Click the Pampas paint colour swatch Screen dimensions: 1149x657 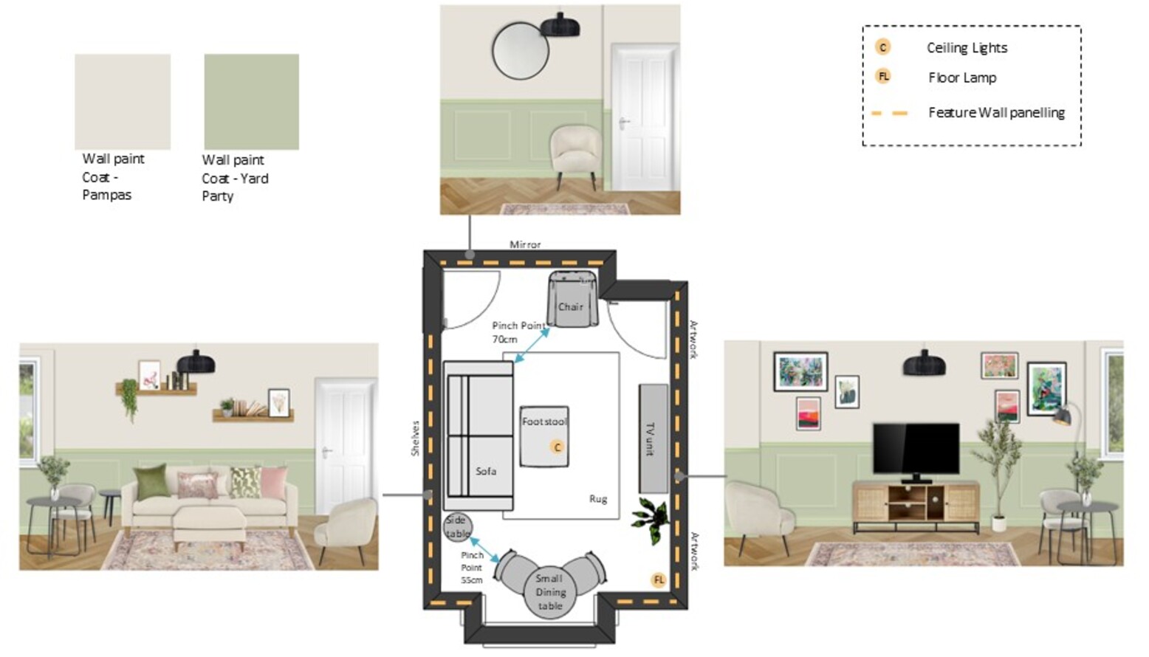(x=123, y=102)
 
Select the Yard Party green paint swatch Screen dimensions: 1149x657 (x=251, y=102)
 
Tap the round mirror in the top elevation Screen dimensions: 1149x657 (x=521, y=51)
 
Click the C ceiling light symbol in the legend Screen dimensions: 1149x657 (x=882, y=48)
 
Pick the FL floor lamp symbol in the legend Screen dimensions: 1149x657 (x=883, y=77)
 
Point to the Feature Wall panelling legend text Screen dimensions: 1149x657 (x=997, y=113)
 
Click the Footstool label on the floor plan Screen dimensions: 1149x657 (x=545, y=422)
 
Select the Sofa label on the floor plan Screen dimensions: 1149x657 (x=486, y=471)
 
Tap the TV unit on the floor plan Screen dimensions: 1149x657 (x=654, y=438)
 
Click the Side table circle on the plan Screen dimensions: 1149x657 (x=458, y=527)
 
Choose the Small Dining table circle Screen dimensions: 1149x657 (x=550, y=592)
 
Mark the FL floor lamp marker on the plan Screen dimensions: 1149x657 (x=659, y=580)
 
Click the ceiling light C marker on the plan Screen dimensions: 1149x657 (x=558, y=447)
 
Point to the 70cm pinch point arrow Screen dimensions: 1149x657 (x=532, y=345)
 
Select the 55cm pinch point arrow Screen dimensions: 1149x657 (x=484, y=550)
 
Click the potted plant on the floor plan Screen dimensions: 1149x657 (x=651, y=520)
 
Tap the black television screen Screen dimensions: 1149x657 (x=916, y=449)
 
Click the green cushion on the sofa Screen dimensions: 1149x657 (x=151, y=481)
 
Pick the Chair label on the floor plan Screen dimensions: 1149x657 (x=570, y=306)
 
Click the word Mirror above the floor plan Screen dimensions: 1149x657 (x=525, y=244)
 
